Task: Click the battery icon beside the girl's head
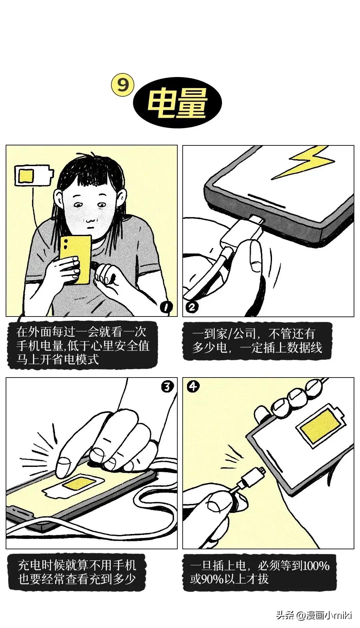coord(34,176)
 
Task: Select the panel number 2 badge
coord(192,307)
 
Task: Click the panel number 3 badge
coord(167,387)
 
